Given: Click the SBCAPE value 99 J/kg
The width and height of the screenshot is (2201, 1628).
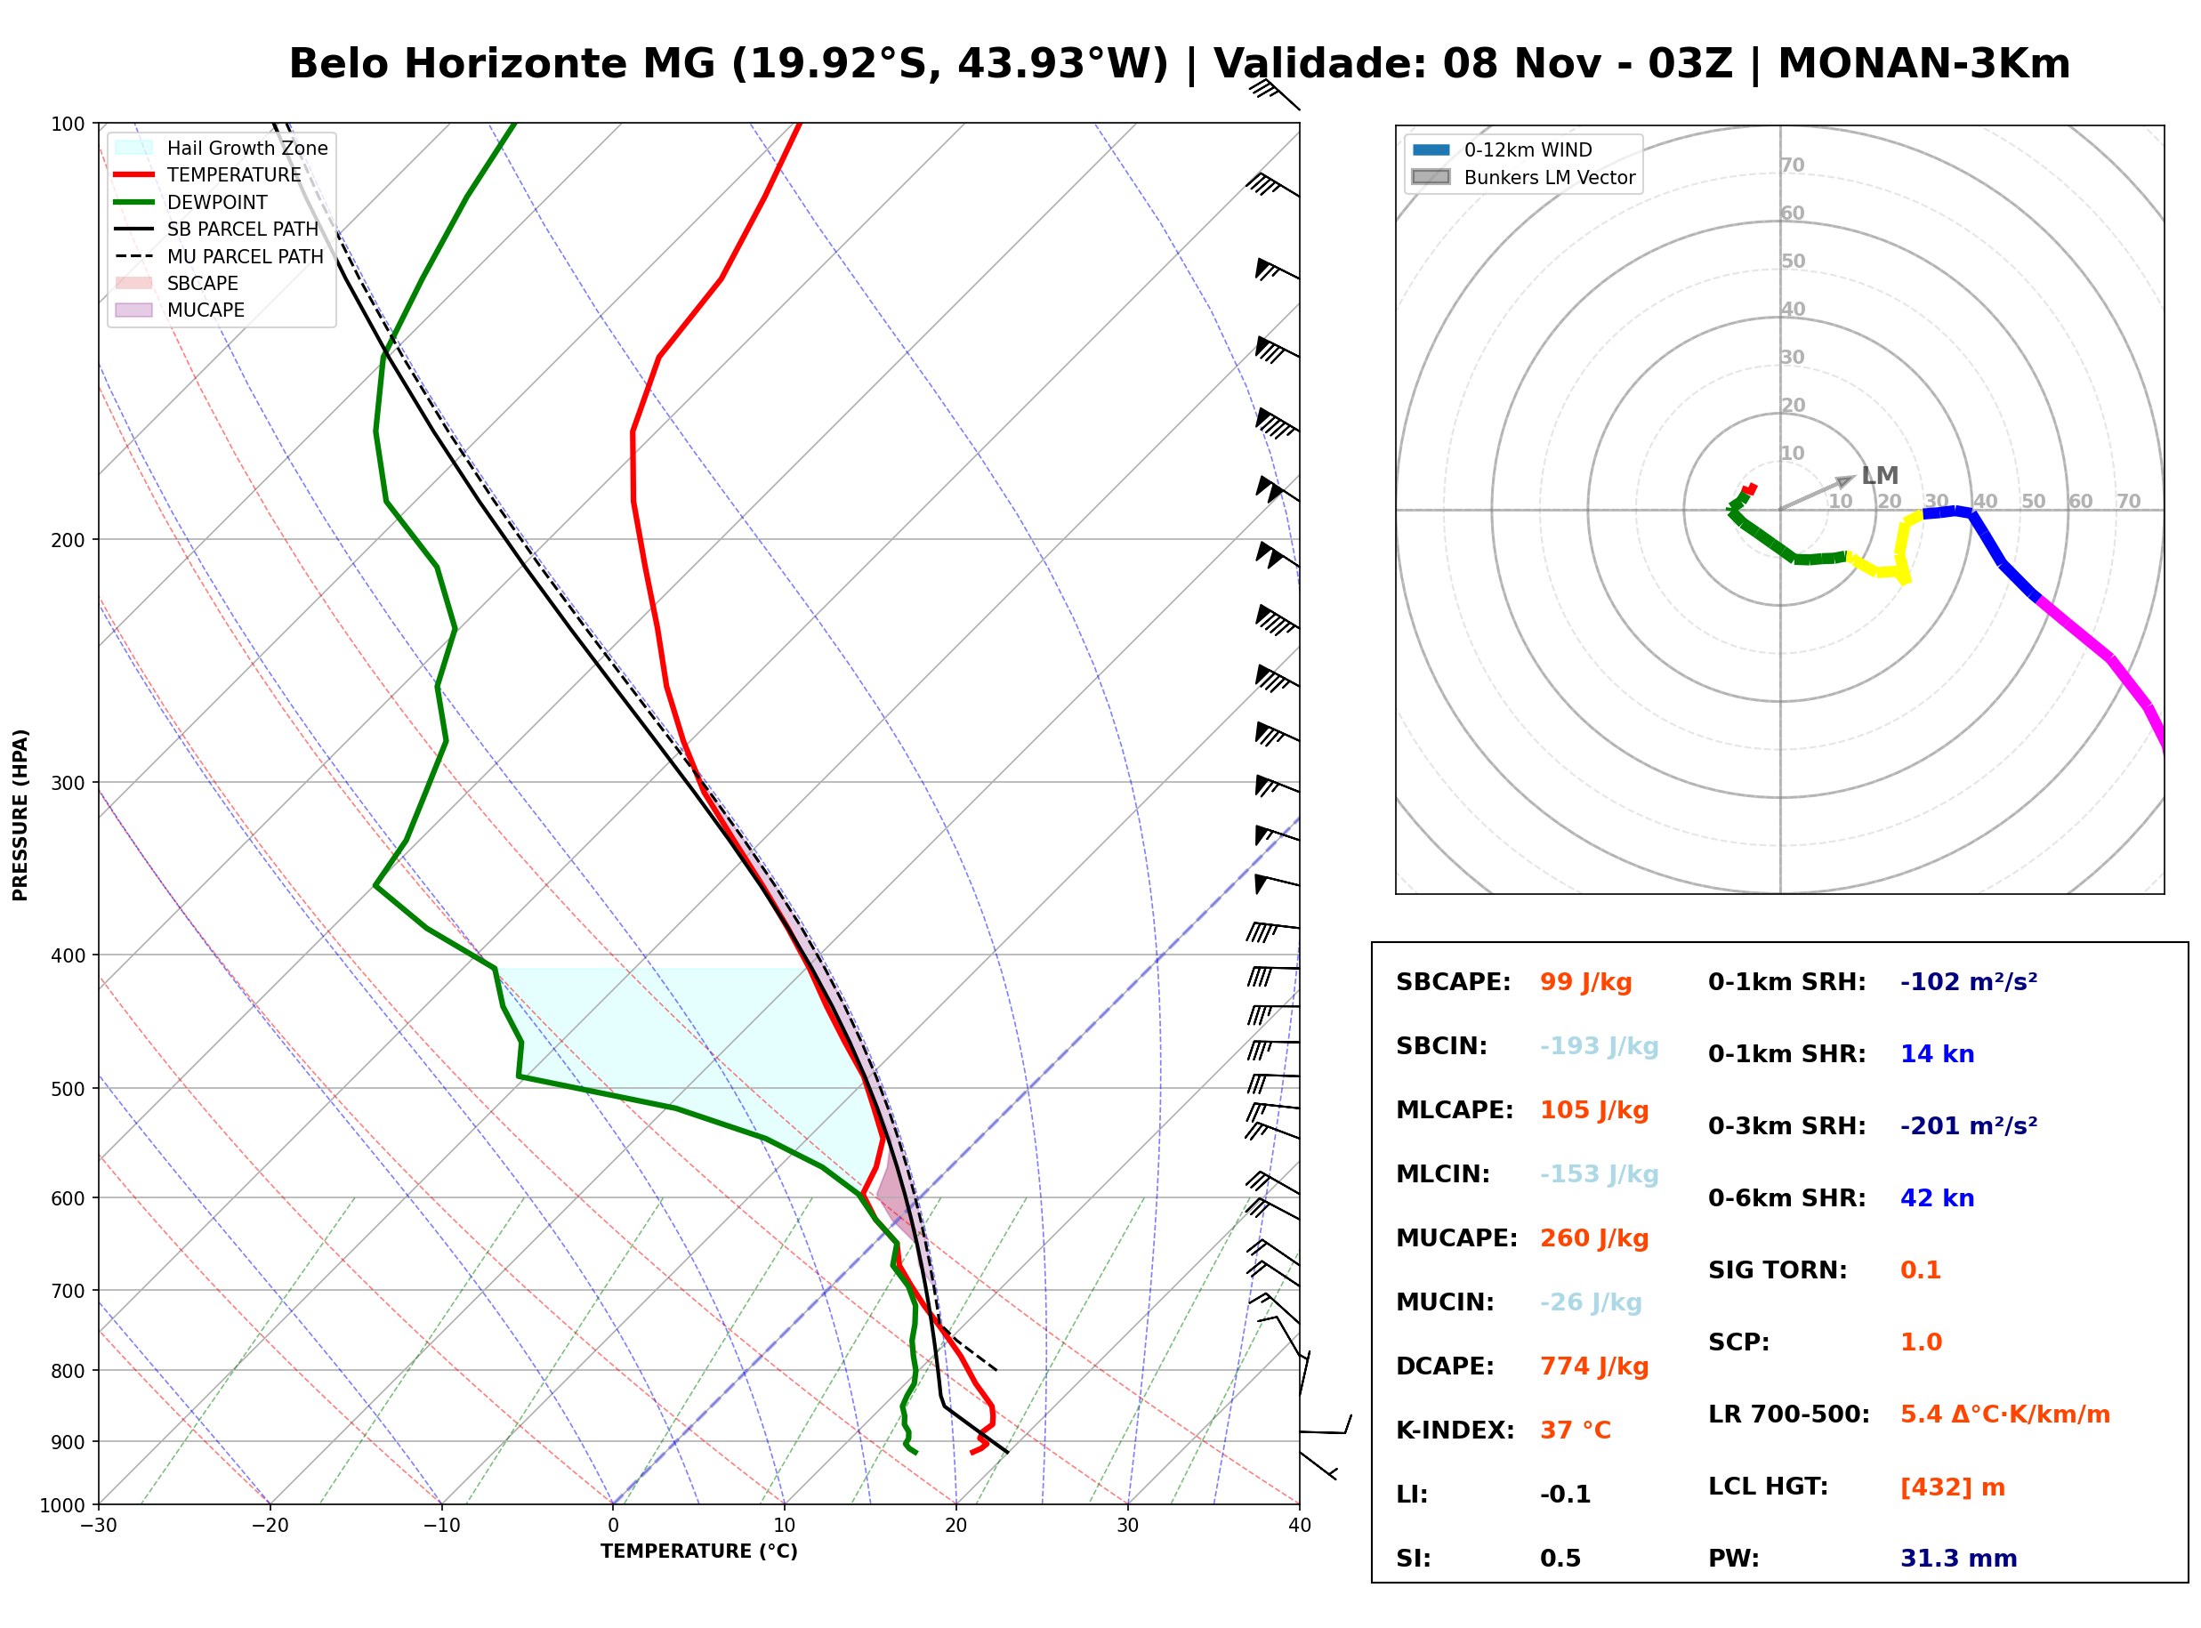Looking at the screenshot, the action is (x=1585, y=982).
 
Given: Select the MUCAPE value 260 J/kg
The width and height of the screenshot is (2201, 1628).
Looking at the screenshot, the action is (x=1594, y=1238).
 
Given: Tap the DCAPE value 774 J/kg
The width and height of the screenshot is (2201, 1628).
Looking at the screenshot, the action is (x=1594, y=1366).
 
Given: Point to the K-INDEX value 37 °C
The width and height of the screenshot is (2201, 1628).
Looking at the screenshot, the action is (x=1576, y=1431).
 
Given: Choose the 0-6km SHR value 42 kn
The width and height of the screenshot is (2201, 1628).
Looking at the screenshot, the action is (x=1937, y=1198).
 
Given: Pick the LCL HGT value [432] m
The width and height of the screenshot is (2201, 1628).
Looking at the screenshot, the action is (x=1952, y=1487).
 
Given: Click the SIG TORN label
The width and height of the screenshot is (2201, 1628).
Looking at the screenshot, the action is (x=1778, y=1270).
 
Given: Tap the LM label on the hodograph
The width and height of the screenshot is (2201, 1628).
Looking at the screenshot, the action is (x=1880, y=476).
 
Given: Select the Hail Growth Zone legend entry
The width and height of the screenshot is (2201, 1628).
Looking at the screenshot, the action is (x=222, y=148).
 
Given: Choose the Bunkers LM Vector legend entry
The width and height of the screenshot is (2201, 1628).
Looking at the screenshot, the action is (x=1523, y=177).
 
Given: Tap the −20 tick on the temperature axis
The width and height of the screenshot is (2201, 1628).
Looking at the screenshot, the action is (x=270, y=1526).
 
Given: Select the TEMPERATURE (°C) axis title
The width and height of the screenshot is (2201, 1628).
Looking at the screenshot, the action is (x=699, y=1551).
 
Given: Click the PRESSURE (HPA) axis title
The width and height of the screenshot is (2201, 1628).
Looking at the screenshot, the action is (x=20, y=815).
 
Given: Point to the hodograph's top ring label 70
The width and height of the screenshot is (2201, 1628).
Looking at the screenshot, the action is (x=1792, y=165).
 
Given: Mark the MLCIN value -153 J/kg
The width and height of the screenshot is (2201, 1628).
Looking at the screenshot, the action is (x=1599, y=1174).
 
